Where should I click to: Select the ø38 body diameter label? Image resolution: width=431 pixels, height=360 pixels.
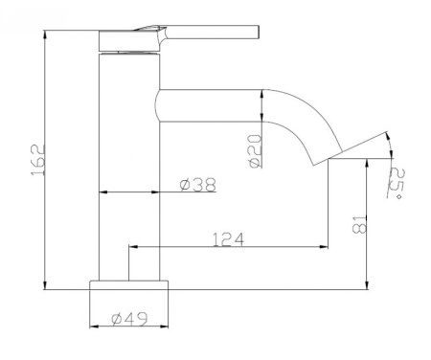pos(196,185)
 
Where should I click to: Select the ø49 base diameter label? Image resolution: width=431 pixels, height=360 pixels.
pos(127,319)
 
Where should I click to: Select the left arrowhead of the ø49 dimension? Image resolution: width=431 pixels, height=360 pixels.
pos(94,327)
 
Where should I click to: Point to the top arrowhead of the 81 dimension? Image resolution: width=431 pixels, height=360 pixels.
pos(367,166)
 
